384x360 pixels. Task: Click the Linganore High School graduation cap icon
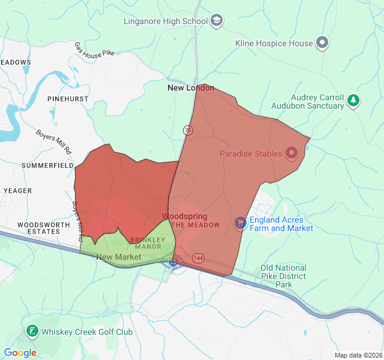[216, 21]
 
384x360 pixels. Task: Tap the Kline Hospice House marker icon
[323, 43]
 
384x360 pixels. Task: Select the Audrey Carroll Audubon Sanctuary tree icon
[354, 100]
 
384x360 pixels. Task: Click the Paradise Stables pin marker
[292, 154]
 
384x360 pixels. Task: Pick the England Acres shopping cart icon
[241, 223]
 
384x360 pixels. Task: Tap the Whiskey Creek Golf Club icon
[32, 331]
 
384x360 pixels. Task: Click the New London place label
[190, 88]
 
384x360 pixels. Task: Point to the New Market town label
[118, 257]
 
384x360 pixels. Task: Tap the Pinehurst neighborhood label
[68, 98]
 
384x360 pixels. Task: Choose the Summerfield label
[47, 165]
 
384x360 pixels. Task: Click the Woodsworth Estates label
[39, 228]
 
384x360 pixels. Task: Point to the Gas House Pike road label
[94, 49]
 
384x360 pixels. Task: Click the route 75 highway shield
[188, 130]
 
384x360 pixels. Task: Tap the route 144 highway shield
[197, 257]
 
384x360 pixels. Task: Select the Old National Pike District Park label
[283, 276]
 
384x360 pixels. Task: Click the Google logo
[20, 353]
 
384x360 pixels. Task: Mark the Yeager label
[17, 190]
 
